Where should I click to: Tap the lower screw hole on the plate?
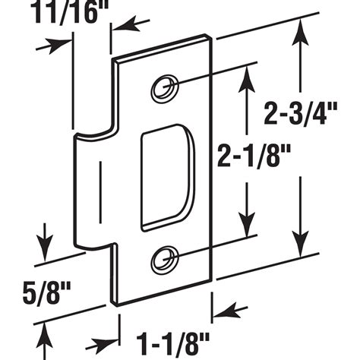point(163,261)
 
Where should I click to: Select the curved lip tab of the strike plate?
point(91,190)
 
